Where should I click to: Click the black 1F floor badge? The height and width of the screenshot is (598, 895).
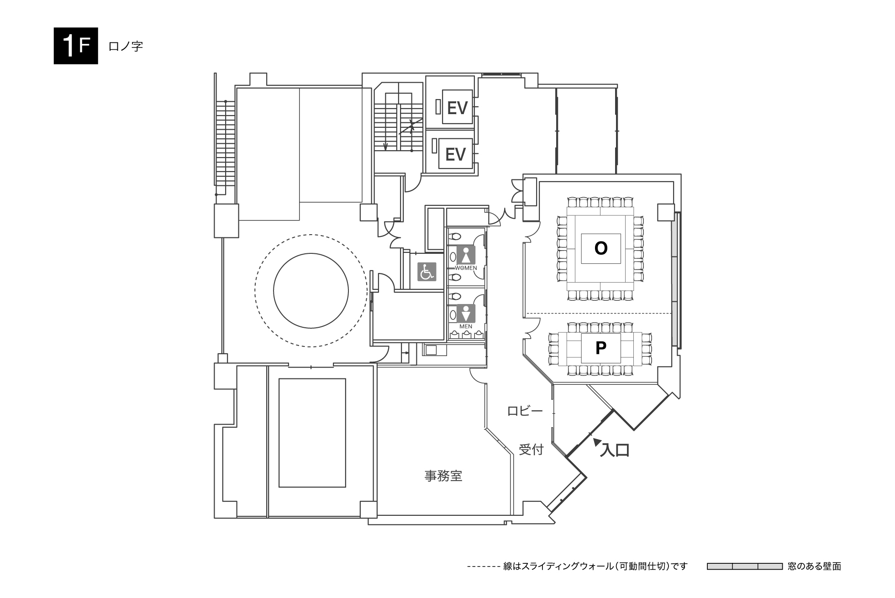pos(76,46)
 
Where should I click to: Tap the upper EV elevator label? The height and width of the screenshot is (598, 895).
pos(457,108)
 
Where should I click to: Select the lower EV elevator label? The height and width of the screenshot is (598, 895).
pos(455,154)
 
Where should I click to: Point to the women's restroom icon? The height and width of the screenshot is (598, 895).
pos(466,255)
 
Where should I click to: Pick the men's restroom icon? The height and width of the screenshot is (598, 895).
pos(466,314)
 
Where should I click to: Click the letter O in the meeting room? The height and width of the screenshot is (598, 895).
pos(601,248)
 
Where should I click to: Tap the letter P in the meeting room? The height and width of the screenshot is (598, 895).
pos(601,348)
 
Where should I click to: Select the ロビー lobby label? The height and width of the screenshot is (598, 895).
pos(525,411)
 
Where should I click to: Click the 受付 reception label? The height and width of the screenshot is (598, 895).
pos(531,450)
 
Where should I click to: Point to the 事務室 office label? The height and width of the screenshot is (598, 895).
pos(443,476)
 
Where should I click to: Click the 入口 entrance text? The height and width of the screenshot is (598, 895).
pos(615,451)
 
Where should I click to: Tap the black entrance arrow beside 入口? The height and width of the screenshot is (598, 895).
pos(596,441)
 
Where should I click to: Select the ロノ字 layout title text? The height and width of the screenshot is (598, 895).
pos(126,46)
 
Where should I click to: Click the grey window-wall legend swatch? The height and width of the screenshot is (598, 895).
pos(745,567)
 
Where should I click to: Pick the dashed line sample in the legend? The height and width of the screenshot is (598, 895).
pos(483,567)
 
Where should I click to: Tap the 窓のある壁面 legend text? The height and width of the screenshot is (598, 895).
pos(815,567)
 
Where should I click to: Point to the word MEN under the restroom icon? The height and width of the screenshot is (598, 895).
pos(466,326)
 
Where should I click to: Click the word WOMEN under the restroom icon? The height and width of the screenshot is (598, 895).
pos(466,268)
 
